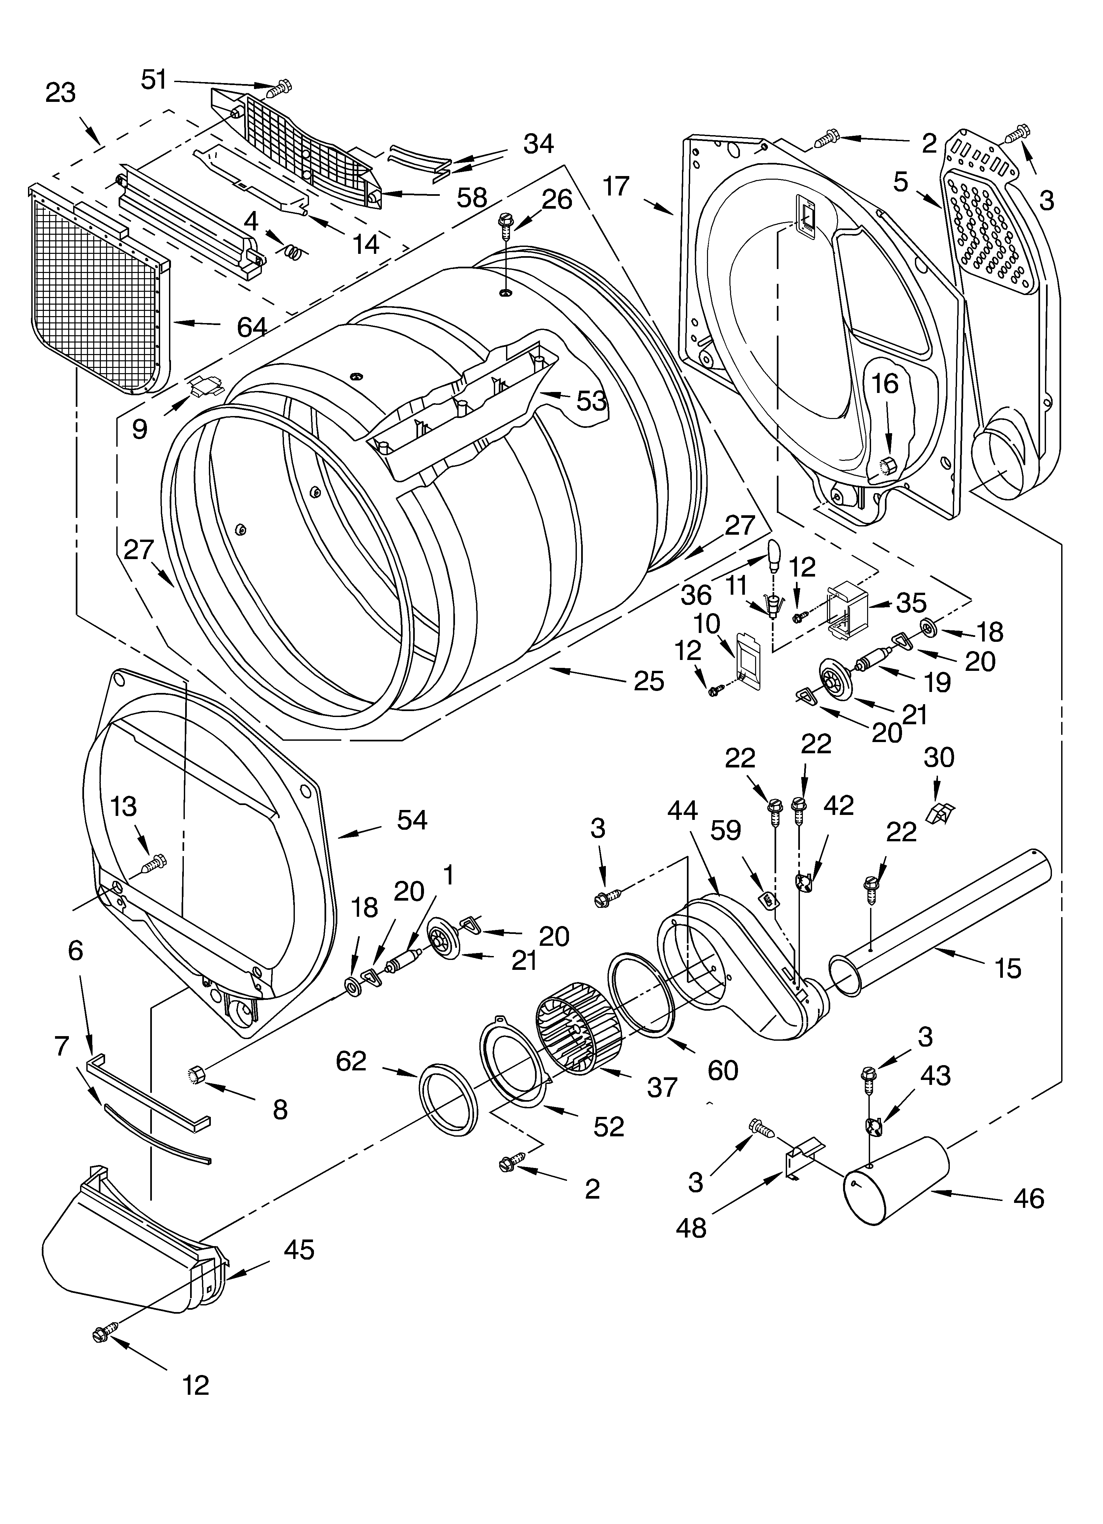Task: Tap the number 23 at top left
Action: pos(61,93)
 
